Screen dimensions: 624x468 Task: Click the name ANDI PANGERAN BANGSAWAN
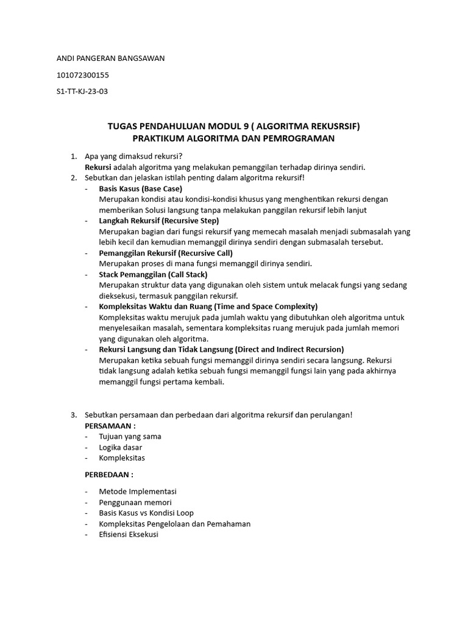click(110, 58)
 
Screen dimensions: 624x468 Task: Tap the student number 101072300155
click(83, 75)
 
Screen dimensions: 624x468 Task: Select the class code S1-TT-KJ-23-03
click(82, 91)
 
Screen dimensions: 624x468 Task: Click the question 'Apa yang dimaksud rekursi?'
click(134, 156)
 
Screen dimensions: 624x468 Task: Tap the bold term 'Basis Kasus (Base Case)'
click(140, 189)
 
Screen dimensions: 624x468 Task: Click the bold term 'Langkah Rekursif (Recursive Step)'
click(158, 221)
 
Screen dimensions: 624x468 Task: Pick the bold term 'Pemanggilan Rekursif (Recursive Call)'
click(166, 253)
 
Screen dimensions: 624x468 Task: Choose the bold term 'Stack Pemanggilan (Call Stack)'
click(153, 275)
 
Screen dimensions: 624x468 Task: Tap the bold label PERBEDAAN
click(107, 474)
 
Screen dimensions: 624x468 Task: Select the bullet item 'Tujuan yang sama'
click(130, 436)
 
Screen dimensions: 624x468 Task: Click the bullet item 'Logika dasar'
click(121, 447)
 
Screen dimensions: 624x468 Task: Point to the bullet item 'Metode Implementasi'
click(138, 491)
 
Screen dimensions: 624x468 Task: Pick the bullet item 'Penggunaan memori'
click(135, 502)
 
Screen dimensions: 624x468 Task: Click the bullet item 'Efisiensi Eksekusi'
click(129, 534)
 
